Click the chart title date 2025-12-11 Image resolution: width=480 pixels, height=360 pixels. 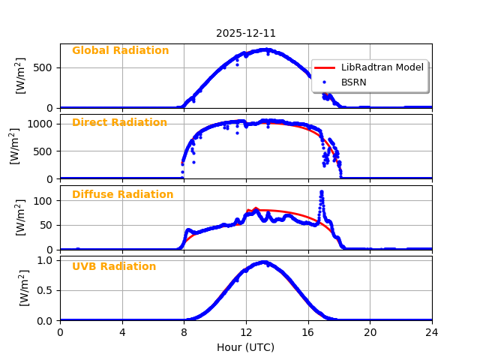(x=246, y=33)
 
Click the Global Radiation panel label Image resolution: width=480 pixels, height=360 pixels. (x=120, y=51)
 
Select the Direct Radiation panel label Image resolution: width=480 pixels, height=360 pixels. (x=119, y=123)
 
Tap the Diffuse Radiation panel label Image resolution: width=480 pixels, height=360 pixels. (x=122, y=195)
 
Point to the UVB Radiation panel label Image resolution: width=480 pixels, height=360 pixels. (x=114, y=267)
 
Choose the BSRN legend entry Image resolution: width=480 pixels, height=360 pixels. (x=353, y=82)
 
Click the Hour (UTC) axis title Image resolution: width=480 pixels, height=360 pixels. (x=245, y=347)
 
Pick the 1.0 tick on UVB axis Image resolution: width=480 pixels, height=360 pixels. (x=44, y=260)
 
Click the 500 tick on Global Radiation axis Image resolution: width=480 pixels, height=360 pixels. (x=42, y=67)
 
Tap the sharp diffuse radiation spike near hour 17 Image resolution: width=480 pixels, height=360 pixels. (x=322, y=192)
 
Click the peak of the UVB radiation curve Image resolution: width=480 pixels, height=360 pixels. (x=263, y=262)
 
